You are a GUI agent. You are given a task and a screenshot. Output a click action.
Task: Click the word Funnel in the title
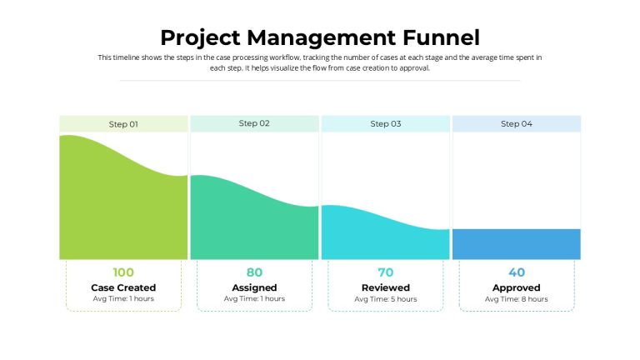(441, 37)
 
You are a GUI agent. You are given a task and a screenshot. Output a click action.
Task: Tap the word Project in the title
(200, 38)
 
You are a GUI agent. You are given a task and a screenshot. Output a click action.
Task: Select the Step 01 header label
(123, 124)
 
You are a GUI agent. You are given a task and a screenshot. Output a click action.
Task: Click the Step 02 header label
(254, 123)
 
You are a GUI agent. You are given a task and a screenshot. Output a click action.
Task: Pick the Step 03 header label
(386, 123)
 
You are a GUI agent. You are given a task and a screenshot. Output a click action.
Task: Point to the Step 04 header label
(517, 123)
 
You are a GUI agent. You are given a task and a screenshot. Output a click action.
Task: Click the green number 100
(123, 272)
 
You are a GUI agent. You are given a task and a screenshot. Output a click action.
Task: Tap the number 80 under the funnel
(254, 272)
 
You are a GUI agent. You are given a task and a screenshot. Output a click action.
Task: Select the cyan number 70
(386, 272)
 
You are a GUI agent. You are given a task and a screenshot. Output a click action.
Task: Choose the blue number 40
(517, 272)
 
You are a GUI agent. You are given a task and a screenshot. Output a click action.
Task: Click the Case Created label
(123, 287)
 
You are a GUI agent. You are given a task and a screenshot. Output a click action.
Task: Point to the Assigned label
(254, 287)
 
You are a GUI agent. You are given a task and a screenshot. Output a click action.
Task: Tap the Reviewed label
(386, 287)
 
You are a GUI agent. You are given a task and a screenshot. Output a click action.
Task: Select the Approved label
(517, 287)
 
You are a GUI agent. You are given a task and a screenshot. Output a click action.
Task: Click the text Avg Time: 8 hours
(517, 299)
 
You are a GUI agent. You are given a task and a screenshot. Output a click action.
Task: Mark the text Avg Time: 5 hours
(386, 299)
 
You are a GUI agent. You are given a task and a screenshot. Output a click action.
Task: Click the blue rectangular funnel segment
(517, 244)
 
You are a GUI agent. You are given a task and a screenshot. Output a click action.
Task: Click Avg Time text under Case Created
(123, 299)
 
